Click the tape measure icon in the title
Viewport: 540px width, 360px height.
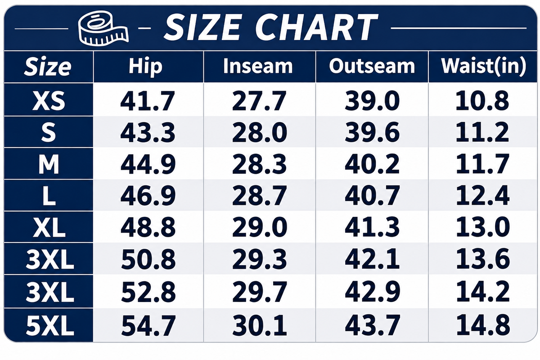[103, 27]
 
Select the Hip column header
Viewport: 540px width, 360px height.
[145, 66]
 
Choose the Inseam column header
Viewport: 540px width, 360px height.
[258, 66]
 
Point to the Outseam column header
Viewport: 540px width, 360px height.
[372, 66]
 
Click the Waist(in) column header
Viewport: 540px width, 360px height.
[483, 66]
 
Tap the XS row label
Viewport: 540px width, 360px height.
[49, 101]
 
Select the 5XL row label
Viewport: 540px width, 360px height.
[49, 325]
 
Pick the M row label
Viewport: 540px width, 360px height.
[49, 164]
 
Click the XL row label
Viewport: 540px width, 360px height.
[49, 227]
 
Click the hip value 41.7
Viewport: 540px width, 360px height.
[147, 101]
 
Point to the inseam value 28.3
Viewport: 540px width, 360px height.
[259, 164]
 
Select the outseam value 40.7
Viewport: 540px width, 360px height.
[372, 196]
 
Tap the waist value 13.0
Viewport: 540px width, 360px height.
[483, 227]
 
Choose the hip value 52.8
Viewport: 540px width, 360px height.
[148, 292]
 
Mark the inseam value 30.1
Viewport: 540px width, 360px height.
[259, 325]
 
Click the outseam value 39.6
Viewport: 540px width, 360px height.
[372, 132]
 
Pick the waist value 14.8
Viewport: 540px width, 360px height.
[483, 325]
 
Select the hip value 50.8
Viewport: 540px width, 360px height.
[148, 260]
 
